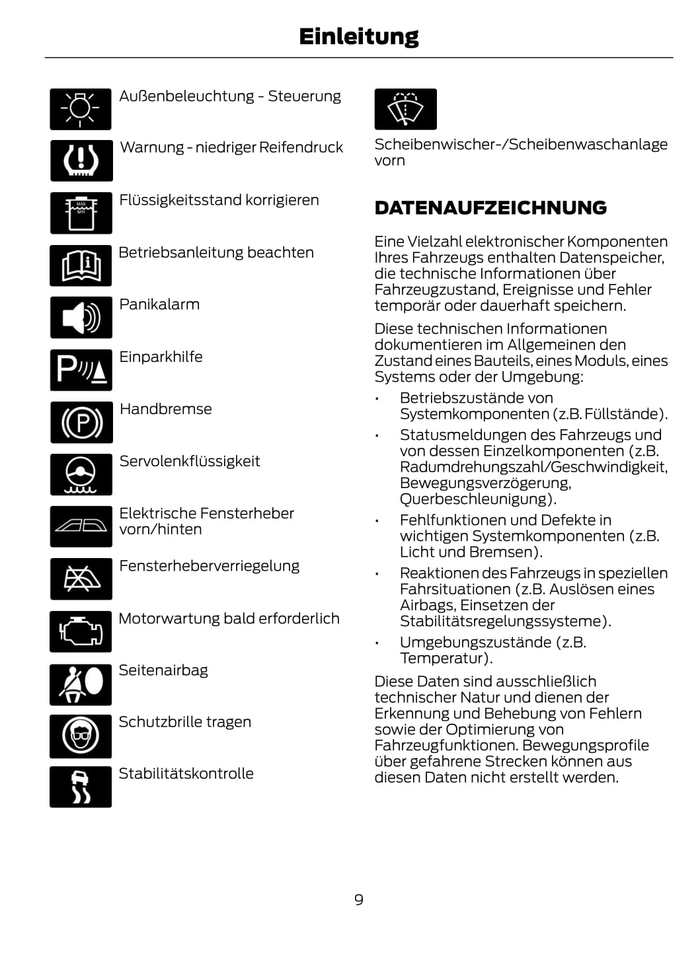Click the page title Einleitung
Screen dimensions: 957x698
tap(358, 36)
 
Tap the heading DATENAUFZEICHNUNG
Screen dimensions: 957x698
tap(490, 208)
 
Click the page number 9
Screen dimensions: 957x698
tap(358, 900)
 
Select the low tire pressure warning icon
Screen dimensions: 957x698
tap(81, 160)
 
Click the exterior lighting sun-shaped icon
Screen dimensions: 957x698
tap(81, 109)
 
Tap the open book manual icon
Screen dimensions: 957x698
tap(81, 266)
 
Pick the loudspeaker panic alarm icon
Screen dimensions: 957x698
tap(81, 318)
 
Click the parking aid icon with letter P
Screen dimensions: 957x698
tap(81, 370)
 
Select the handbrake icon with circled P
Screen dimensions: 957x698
tap(81, 422)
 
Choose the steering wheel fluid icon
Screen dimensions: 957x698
tap(81, 474)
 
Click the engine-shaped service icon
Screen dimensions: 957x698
tap(81, 631)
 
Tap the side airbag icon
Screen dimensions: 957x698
tap(81, 684)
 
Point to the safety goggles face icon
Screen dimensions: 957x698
tap(81, 736)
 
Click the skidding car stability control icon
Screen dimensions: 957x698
tap(81, 787)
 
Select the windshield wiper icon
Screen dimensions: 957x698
tap(405, 109)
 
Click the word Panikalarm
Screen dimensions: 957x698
tap(159, 304)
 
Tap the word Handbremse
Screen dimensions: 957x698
tap(166, 409)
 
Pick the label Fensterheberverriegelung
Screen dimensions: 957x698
tap(209, 566)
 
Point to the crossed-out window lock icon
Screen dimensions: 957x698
tap(81, 579)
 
